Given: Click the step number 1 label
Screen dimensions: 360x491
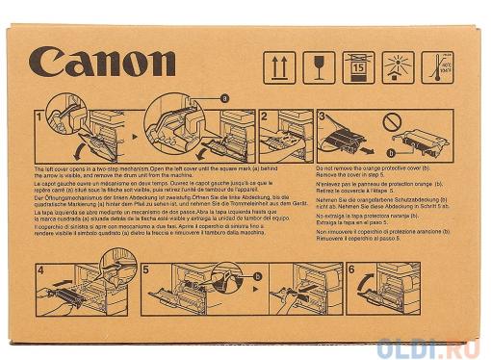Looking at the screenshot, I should (39, 116).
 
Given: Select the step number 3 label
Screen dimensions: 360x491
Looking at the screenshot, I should (322, 116).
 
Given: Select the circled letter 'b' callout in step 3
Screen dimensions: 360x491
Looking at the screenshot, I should (390, 152).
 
